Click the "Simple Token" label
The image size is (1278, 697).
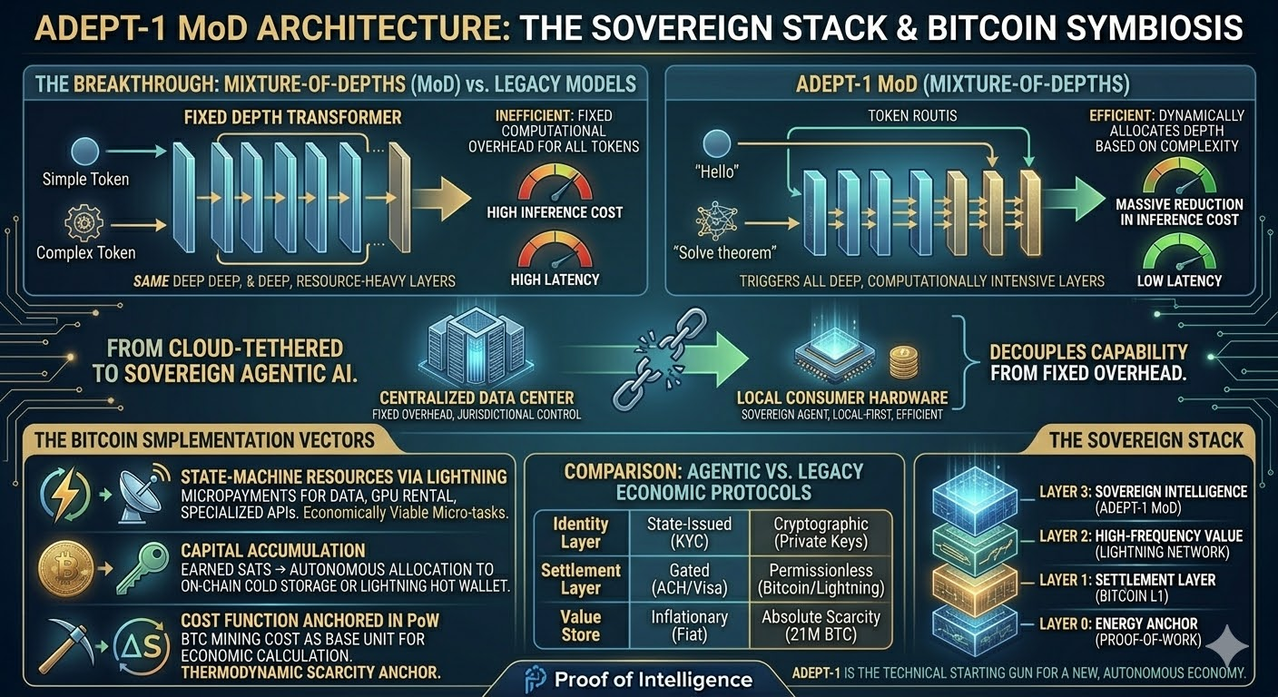click(85, 179)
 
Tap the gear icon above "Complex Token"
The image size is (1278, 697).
click(84, 221)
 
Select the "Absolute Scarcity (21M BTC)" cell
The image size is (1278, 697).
click(820, 625)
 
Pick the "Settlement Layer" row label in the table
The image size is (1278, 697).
click(580, 579)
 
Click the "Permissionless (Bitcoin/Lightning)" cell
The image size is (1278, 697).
click(820, 579)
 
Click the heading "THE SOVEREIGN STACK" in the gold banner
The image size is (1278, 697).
click(1145, 440)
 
